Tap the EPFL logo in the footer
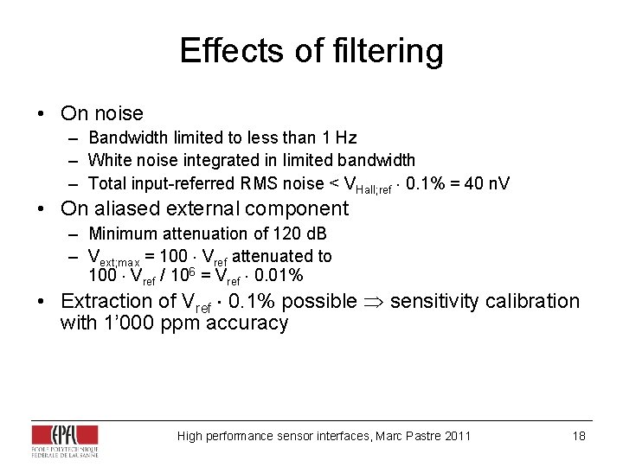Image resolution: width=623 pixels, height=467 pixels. point(64,441)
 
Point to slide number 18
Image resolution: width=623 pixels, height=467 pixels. point(579,436)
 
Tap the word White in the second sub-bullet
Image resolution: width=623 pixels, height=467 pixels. point(109,160)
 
